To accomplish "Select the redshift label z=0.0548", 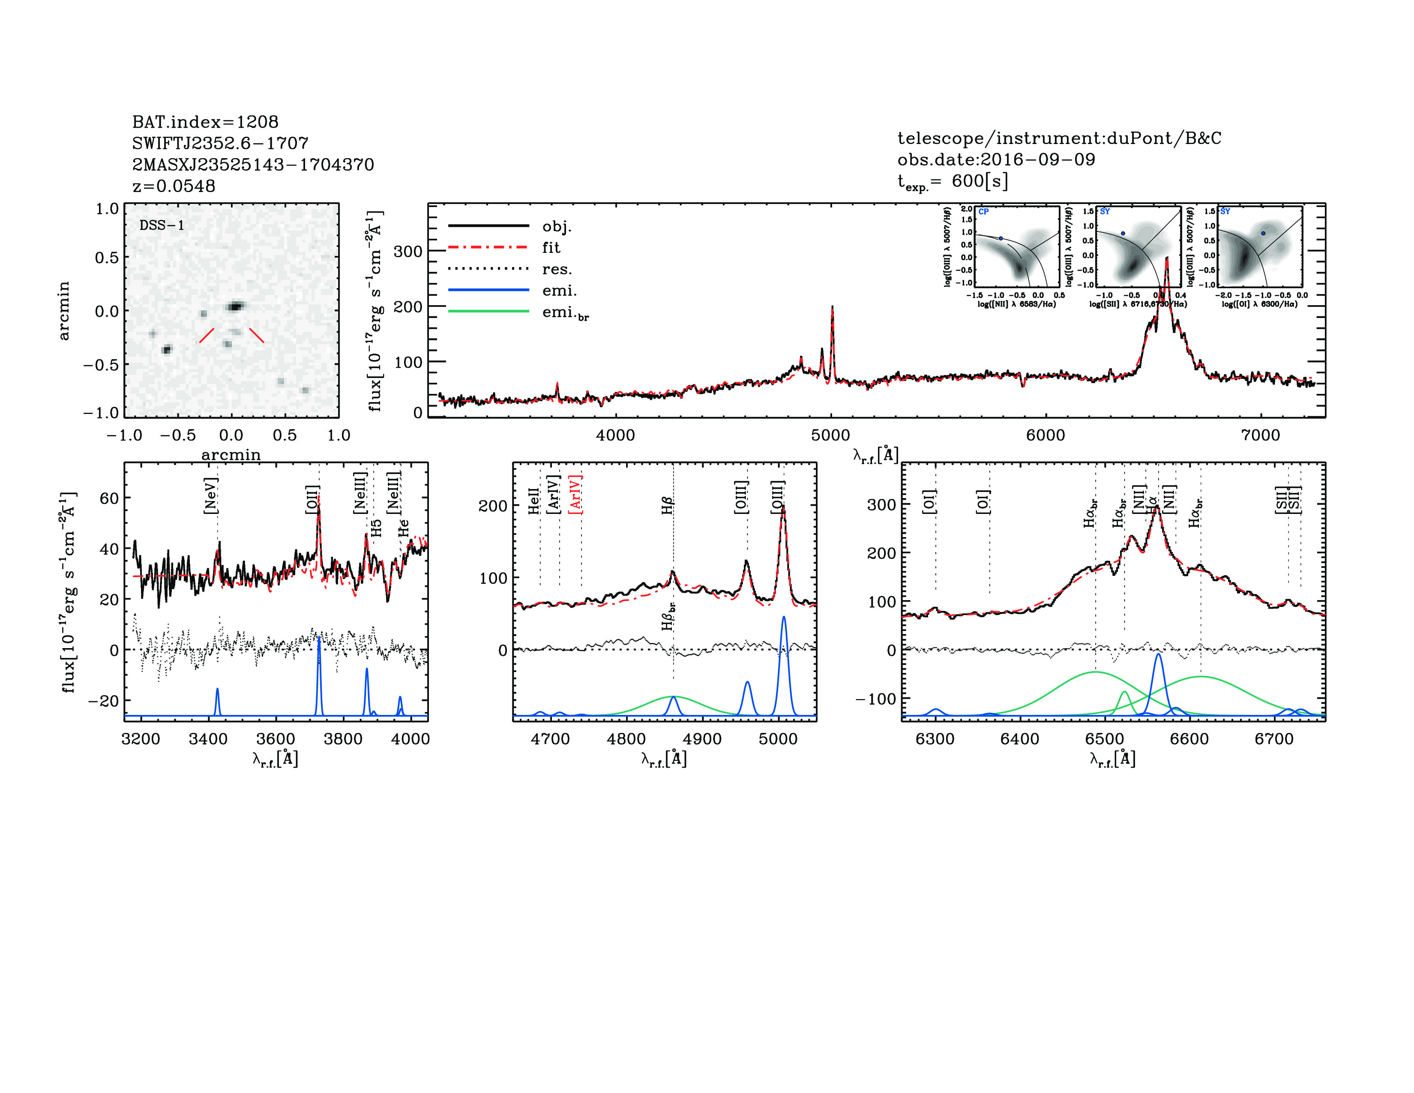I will pos(174,186).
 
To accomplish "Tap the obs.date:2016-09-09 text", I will pos(996,159).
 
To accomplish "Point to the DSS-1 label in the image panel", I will pos(162,225).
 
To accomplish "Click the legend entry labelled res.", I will pos(557,269).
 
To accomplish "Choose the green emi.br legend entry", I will pos(565,313).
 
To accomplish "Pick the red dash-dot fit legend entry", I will pos(551,247).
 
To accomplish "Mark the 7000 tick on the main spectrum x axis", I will pos(1260,435).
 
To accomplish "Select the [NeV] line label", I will pos(210,496).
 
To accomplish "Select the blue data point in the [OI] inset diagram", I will pos(1263,233).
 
